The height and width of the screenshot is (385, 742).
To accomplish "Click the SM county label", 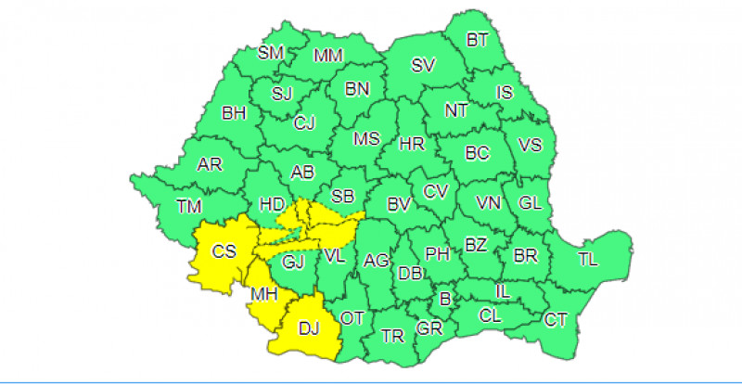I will coord(270,53).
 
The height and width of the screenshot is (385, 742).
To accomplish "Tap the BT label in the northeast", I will coord(478,40).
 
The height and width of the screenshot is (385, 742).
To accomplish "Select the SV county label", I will coord(424,66).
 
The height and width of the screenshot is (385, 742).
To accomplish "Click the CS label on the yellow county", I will coord(223,250).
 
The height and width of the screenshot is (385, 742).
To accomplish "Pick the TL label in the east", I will coord(588,259).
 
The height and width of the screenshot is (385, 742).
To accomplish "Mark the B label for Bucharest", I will coord(444,299).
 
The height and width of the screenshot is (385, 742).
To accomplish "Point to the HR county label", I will coord(411,144).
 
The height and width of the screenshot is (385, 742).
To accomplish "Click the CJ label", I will coord(304,122).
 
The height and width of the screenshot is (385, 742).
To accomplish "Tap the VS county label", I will coord(530,146).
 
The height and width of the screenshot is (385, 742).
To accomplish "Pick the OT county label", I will coord(352,318).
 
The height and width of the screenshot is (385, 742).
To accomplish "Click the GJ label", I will coord(294,263).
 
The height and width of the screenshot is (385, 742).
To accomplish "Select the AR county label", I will coord(210,165).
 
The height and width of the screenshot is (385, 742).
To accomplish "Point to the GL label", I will coord(530,203).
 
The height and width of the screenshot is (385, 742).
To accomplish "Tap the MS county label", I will coord(367,139).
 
